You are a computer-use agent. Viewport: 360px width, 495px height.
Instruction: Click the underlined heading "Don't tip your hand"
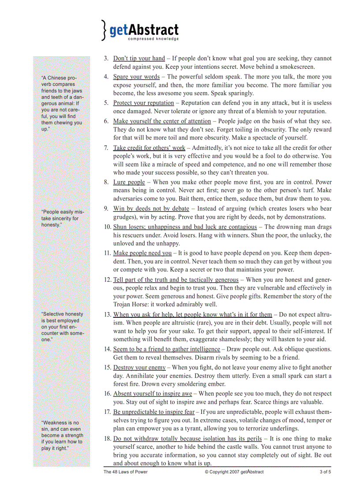(x=139, y=58)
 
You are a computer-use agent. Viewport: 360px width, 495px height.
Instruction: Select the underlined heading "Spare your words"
(x=136, y=77)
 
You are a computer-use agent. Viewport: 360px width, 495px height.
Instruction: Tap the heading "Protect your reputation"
(x=143, y=103)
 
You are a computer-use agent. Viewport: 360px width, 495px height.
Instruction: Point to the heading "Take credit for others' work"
(x=149, y=148)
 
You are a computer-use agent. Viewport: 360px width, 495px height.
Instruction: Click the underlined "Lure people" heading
(x=129, y=182)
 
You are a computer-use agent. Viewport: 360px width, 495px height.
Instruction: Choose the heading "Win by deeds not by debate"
(x=151, y=208)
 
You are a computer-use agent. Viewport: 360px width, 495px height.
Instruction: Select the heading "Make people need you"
(x=142, y=253)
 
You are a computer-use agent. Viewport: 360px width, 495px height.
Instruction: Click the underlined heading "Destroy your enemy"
(x=139, y=367)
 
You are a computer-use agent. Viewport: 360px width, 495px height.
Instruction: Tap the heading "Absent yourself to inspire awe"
(x=153, y=394)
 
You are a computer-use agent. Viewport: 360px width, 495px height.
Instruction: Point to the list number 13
(x=107, y=314)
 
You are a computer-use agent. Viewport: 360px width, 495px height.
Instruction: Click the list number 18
(x=107, y=439)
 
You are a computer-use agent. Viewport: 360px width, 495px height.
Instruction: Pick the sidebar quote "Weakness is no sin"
(x=62, y=435)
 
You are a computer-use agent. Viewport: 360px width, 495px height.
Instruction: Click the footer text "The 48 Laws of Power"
(x=125, y=472)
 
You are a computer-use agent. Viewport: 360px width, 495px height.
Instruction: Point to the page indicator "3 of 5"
(x=325, y=472)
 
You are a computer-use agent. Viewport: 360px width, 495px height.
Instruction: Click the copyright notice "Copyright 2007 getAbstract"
(x=234, y=472)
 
